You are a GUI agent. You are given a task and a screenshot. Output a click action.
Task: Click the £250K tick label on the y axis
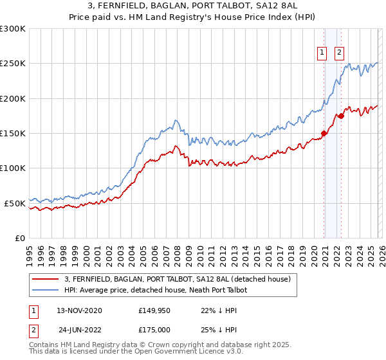(x=13, y=64)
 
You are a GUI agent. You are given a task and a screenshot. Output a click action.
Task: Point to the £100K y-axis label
(x=13, y=168)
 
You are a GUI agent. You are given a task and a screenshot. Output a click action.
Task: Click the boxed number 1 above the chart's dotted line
(x=322, y=53)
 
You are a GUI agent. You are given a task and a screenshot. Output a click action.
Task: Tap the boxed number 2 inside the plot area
(x=339, y=53)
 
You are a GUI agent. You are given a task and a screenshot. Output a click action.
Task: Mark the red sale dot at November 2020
(x=324, y=134)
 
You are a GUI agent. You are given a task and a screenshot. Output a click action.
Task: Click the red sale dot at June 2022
(x=342, y=116)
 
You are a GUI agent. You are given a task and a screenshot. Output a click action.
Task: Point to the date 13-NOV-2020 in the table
(x=78, y=310)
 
